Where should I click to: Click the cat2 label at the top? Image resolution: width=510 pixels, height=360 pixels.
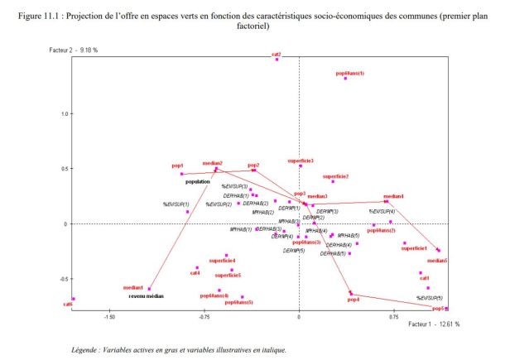tap(276, 54)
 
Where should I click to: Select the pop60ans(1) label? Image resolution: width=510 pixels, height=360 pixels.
tap(349, 73)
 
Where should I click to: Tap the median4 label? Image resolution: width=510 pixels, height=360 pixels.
tap(393, 196)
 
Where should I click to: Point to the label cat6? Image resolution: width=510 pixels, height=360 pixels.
tap(68, 305)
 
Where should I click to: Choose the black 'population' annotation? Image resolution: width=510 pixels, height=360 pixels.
tap(199, 181)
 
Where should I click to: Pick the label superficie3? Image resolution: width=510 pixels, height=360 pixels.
tap(301, 161)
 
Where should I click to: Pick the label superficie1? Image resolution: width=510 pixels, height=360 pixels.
tap(414, 248)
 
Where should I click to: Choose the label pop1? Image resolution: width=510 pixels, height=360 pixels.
tap(178, 166)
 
